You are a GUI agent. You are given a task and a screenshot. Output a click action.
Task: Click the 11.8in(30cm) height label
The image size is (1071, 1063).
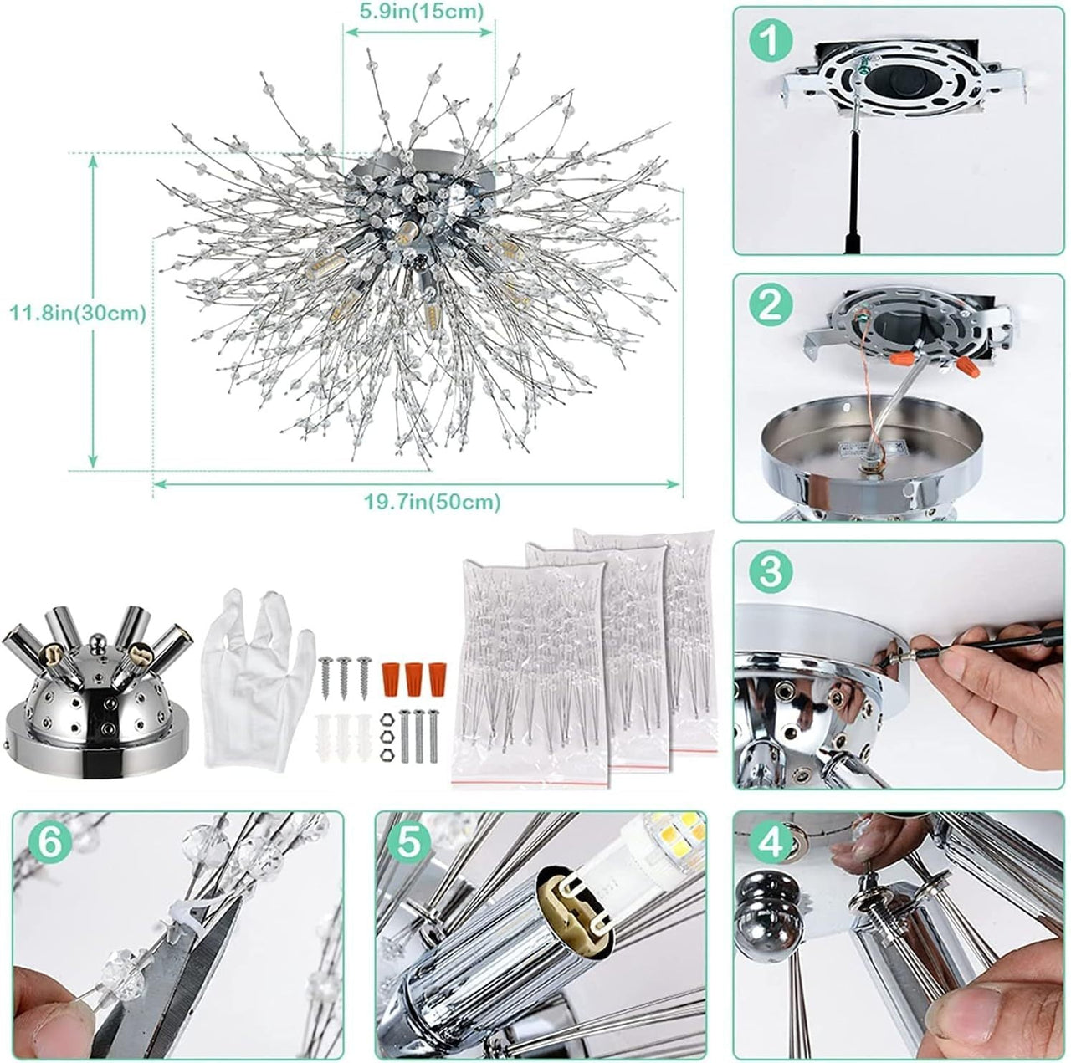[x=78, y=314]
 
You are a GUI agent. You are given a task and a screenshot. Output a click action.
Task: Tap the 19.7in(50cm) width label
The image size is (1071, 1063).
[x=433, y=502]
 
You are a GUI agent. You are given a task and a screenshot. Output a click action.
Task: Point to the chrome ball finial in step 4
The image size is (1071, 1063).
[x=766, y=925]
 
